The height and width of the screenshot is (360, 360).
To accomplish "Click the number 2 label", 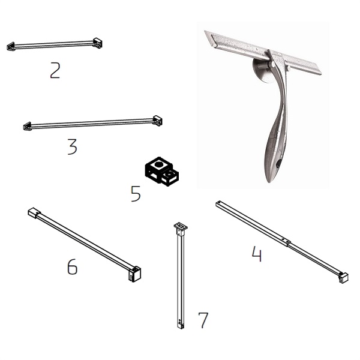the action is click(x=55, y=70).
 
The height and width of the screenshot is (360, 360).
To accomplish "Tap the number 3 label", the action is click(x=73, y=147).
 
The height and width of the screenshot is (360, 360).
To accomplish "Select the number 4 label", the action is click(x=257, y=254).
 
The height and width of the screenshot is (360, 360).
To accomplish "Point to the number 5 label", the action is click(x=136, y=194).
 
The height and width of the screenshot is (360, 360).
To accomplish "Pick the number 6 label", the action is click(x=73, y=266).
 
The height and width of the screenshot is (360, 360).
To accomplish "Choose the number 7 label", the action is click(x=203, y=320).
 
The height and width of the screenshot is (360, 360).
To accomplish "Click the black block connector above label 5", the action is click(x=162, y=172).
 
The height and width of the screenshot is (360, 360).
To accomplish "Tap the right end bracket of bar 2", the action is click(x=97, y=43).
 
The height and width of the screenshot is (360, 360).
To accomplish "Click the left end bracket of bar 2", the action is click(x=11, y=46).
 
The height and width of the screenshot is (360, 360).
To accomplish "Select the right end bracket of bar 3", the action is click(x=157, y=121).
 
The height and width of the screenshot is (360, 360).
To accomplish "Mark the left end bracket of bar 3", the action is click(x=28, y=126).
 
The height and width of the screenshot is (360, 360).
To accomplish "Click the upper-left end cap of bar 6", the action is click(x=34, y=212).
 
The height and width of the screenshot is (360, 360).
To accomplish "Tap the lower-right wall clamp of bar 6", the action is click(x=134, y=274).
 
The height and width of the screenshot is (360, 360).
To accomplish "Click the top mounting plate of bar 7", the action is click(x=181, y=227).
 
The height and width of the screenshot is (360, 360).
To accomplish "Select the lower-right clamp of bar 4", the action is click(x=343, y=278).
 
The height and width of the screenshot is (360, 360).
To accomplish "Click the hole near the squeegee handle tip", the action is click(x=278, y=164).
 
